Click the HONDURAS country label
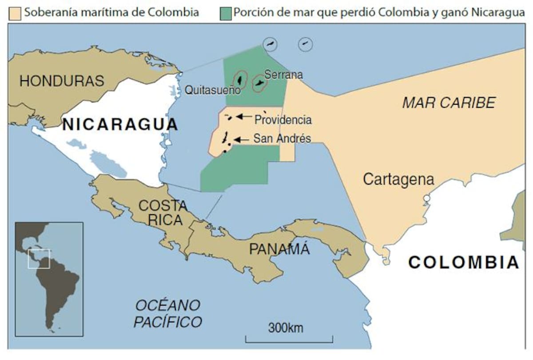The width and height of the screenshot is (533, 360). [62, 81]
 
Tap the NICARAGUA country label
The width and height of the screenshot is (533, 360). [120, 124]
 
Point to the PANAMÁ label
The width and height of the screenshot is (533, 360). [279, 249]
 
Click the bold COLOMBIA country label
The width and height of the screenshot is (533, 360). [464, 262]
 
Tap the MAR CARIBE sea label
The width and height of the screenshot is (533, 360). [449, 103]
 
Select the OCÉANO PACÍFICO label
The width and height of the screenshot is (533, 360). [168, 313]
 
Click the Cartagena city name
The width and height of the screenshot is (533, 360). [398, 179]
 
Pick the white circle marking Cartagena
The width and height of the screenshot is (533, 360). [427, 198]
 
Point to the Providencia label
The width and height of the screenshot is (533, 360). [283, 120]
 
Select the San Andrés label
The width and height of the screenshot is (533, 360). [282, 139]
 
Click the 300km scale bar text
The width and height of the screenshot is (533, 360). [286, 328]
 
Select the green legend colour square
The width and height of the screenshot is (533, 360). [225, 13]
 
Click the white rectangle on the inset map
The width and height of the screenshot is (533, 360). [39, 259]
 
